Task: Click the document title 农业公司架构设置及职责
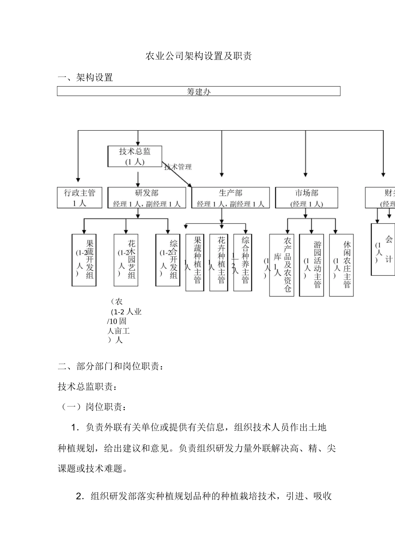click(198, 56)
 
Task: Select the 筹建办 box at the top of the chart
click(198, 91)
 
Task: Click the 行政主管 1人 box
click(79, 198)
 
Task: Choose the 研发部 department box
click(147, 198)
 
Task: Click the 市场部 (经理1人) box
click(306, 198)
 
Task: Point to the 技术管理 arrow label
click(178, 167)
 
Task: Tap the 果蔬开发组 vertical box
click(84, 260)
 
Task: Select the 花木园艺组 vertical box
click(126, 260)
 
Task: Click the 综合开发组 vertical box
click(168, 260)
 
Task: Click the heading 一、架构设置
click(85, 78)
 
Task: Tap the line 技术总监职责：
click(88, 387)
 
